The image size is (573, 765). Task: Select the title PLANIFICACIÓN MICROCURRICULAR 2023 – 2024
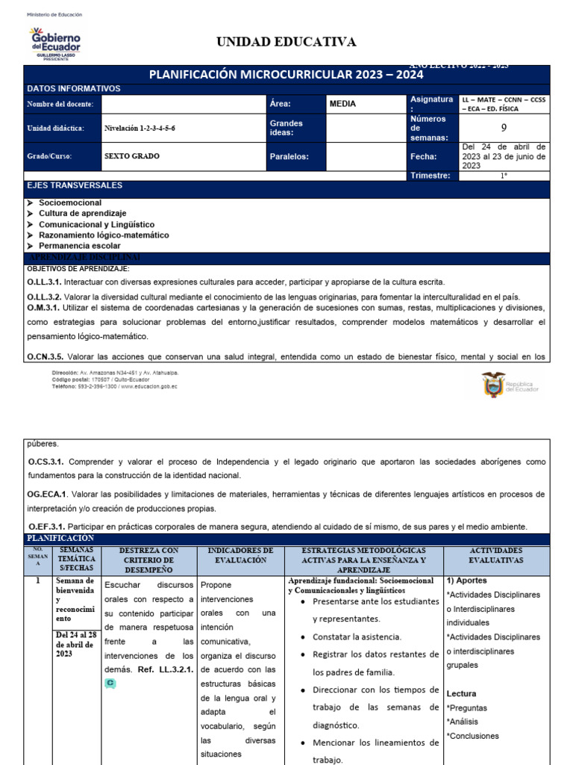coord(286,75)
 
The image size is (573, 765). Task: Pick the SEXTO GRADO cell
coord(132,157)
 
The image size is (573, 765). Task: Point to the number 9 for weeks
coord(504,128)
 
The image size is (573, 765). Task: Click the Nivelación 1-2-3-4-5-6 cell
coord(140,128)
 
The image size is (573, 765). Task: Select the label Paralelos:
coord(289,157)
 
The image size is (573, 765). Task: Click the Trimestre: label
coord(430,176)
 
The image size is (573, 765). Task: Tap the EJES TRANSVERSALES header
coord(75,185)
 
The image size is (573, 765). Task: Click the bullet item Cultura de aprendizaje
coord(82,214)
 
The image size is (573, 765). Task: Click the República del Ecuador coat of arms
coord(493,385)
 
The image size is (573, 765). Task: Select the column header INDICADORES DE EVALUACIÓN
coord(241,555)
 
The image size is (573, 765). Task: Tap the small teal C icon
coord(110,684)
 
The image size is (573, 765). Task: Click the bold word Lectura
coord(461,694)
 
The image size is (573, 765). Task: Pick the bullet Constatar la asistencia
coord(357,637)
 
